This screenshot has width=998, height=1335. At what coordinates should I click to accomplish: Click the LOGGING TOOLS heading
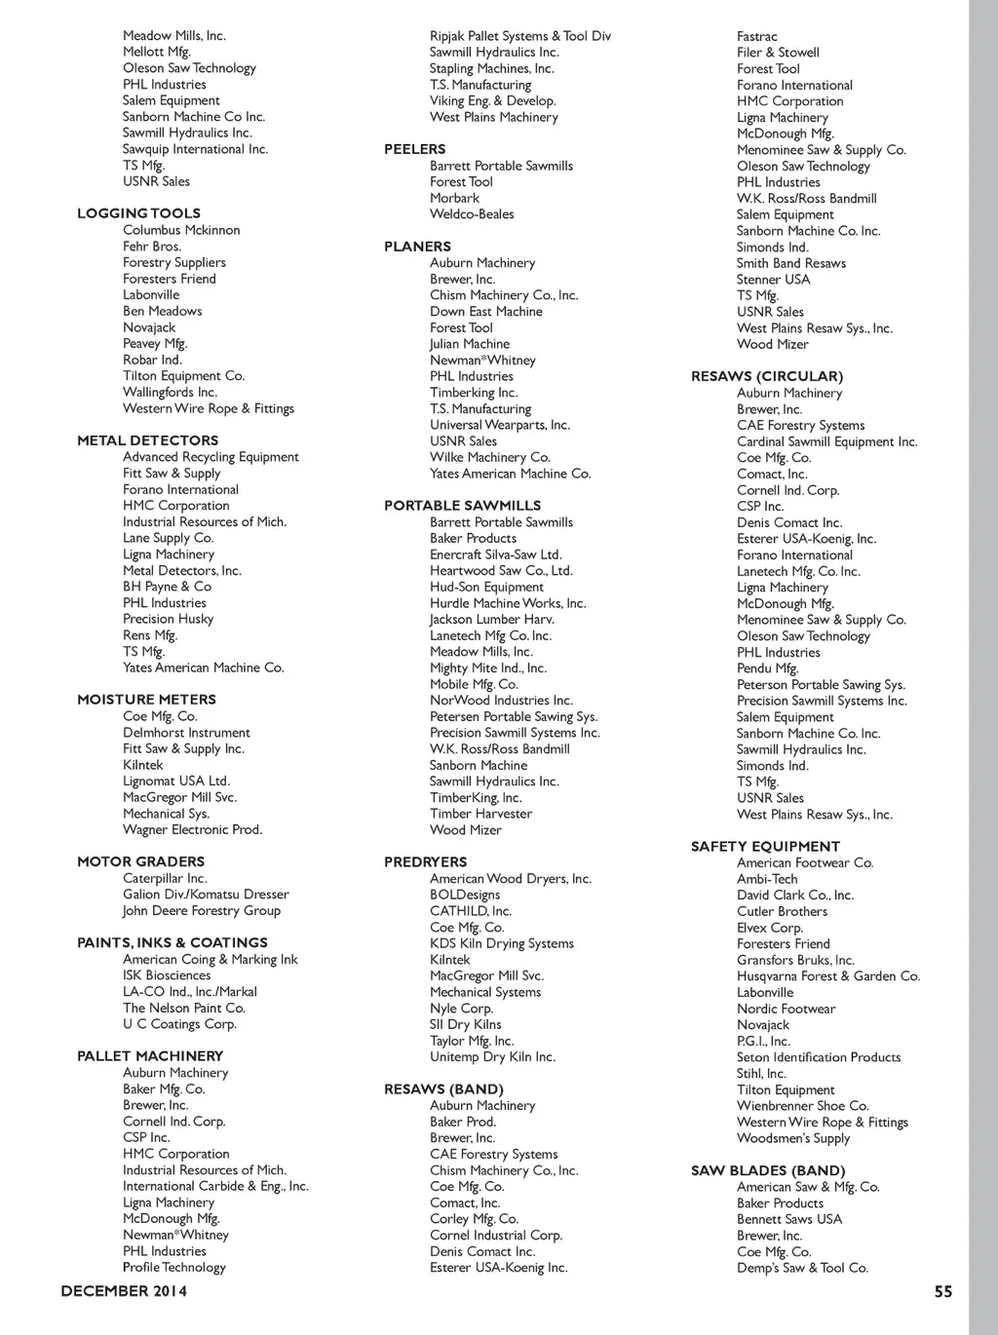[138, 213]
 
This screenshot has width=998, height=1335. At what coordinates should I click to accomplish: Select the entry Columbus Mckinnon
[181, 230]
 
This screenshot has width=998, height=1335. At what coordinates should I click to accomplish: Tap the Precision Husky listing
[168, 619]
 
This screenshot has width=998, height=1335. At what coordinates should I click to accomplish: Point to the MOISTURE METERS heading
[146, 700]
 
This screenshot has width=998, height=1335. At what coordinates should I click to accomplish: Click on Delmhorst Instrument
[186, 733]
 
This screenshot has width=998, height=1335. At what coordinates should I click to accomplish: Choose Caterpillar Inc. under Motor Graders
[165, 878]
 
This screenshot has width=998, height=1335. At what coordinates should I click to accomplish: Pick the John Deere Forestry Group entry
[202, 911]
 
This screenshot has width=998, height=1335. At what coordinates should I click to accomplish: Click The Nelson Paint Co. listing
[183, 1008]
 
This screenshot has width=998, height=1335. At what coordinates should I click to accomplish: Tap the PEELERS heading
[414, 149]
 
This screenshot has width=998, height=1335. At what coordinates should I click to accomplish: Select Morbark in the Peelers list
[454, 198]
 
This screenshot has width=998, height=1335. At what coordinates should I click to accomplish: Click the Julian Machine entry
[470, 344]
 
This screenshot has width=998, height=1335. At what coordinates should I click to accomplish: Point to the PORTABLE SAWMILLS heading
[462, 506]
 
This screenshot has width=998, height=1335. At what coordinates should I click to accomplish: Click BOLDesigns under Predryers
[465, 895]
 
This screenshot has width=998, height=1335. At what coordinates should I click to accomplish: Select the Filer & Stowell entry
[778, 53]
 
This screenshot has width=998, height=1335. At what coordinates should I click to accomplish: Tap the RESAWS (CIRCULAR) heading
[766, 376]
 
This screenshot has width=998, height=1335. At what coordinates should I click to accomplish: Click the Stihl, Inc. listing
[761, 1074]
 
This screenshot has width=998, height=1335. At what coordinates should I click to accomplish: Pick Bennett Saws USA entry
[789, 1219]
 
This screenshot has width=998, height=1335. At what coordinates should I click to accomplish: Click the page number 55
[943, 1292]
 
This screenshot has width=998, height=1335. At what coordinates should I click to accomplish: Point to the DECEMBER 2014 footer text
[124, 1292]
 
